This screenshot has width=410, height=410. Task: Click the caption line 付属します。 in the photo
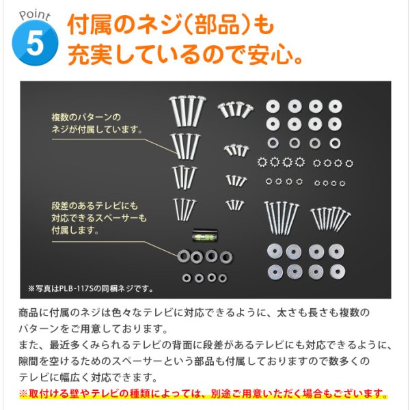[x=74, y=230]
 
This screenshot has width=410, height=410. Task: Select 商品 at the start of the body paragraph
[x=29, y=313]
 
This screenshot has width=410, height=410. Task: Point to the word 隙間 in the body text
[x=29, y=362]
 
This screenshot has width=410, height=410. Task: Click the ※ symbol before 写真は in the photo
[x=31, y=288]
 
